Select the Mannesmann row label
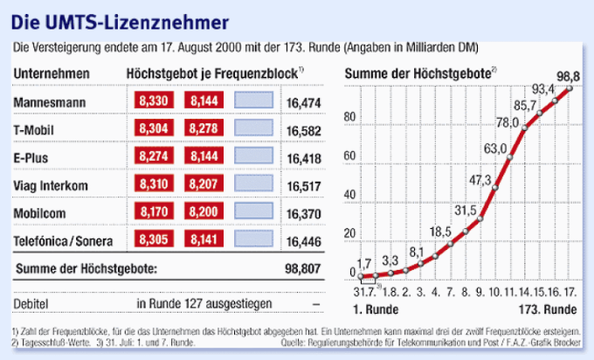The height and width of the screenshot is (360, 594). coord(47,103)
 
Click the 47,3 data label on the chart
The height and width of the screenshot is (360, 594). coord(481,180)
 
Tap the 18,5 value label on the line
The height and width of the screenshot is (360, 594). coord(441,231)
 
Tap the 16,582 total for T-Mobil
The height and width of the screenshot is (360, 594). coord(303,130)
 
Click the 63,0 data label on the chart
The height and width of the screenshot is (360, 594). coord(496,148)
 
